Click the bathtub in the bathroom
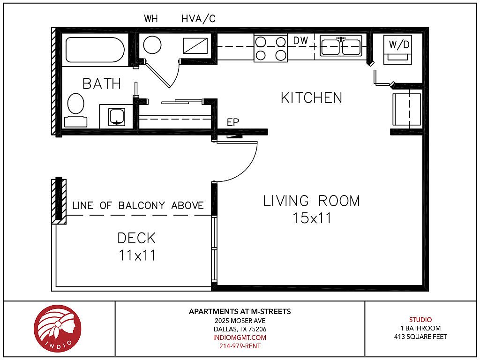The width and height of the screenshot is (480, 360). click(95, 50)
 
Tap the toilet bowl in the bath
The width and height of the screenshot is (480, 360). click(75, 104)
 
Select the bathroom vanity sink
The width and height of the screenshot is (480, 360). click(117, 117)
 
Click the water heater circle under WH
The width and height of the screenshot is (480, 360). click(152, 45)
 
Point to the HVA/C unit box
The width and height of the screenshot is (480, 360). click(195, 45)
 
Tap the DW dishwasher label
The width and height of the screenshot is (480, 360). click(300, 41)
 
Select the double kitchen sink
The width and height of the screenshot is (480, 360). click(341, 46)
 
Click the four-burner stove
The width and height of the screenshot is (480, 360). click(270, 48)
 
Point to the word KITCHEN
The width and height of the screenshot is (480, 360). click(311, 98)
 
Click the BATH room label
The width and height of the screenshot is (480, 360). click(102, 84)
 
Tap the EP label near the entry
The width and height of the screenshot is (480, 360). click(232, 122)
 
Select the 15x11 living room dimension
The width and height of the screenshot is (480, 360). click(312, 218)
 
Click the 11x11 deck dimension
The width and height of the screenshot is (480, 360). click(137, 255)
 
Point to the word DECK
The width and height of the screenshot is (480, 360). click(136, 238)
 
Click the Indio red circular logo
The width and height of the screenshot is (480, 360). click(58, 329)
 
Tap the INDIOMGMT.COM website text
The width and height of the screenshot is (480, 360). click(240, 337)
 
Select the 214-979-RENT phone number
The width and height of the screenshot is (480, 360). click(240, 346)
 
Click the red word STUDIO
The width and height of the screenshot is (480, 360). click(420, 320)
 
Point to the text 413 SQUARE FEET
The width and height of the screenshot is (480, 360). click(420, 337)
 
